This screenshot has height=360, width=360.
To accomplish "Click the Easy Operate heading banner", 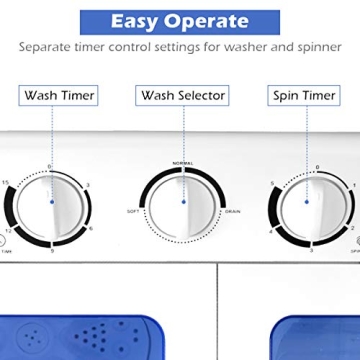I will (x=180, y=19).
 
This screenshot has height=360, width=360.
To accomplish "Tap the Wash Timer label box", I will (x=59, y=96).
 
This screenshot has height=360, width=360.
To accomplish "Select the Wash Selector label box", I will (x=184, y=96).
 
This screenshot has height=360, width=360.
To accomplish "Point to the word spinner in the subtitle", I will (x=319, y=47).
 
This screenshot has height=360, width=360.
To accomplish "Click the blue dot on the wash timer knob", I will (x=51, y=200).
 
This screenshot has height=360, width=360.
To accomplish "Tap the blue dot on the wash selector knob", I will (x=184, y=200).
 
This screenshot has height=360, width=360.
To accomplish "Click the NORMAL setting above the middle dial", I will (x=183, y=163).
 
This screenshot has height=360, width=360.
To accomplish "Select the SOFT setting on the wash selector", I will (x=132, y=213).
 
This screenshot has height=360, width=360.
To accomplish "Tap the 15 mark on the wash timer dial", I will (x=8, y=182).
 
